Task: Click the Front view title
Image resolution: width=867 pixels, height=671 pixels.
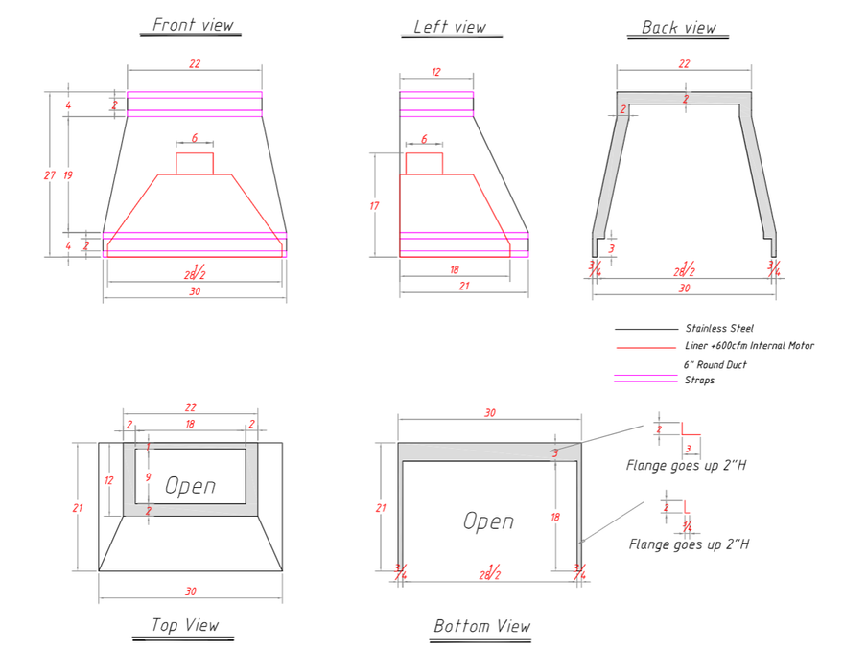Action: (x=193, y=25)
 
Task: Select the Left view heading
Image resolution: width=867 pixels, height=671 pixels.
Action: (x=450, y=27)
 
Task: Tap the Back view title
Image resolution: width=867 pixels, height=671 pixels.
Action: (x=678, y=28)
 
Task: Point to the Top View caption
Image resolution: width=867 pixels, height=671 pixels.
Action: (x=185, y=625)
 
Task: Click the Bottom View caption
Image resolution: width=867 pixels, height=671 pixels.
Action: (x=481, y=626)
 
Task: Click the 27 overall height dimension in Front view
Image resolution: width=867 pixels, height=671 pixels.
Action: (x=50, y=175)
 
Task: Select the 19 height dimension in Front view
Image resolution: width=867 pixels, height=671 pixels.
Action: (x=68, y=175)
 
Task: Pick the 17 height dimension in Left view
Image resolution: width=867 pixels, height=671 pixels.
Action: (x=374, y=206)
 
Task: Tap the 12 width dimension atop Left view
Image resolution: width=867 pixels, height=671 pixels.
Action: (x=436, y=72)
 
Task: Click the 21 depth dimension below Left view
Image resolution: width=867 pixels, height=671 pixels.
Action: (x=464, y=286)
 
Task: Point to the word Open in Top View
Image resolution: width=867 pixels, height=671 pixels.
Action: (x=190, y=485)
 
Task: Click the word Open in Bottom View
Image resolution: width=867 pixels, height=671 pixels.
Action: (x=488, y=521)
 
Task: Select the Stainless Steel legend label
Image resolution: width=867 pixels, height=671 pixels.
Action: (x=719, y=329)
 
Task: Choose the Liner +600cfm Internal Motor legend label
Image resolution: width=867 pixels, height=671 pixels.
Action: (x=749, y=345)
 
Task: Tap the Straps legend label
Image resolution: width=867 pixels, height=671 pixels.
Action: (x=699, y=380)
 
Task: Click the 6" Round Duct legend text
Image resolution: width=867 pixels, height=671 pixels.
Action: (x=715, y=365)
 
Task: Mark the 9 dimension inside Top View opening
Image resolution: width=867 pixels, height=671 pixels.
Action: (x=149, y=477)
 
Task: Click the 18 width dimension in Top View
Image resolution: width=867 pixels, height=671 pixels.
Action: (x=190, y=424)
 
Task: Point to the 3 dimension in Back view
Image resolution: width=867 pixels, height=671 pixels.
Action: (x=611, y=248)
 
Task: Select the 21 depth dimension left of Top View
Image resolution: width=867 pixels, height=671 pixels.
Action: (x=78, y=508)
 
